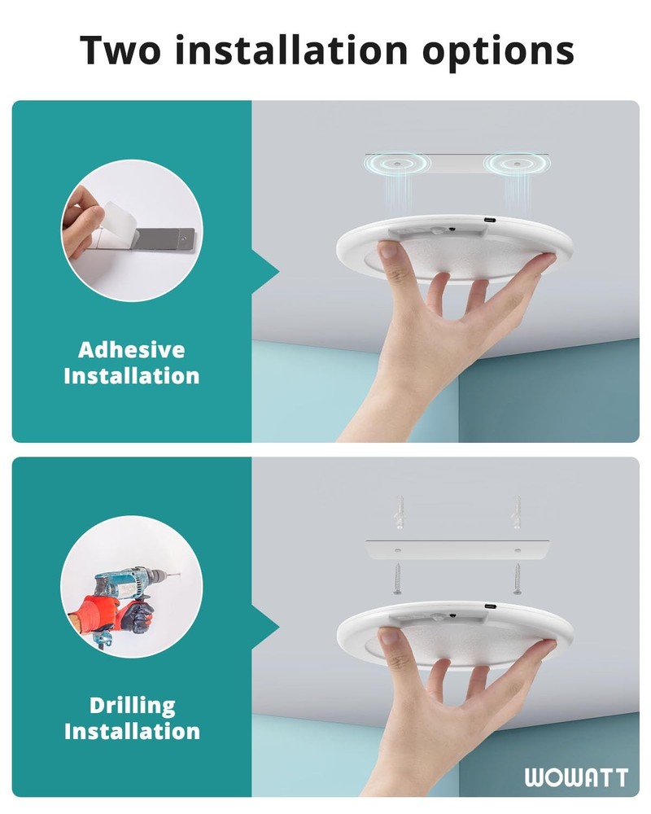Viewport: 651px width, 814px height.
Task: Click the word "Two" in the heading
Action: [x=121, y=50]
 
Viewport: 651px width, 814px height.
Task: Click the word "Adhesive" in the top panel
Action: [x=131, y=350]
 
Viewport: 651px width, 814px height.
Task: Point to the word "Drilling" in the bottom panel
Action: [x=132, y=705]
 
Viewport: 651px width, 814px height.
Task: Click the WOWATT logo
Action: [x=576, y=777]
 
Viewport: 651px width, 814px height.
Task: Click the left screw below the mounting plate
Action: [x=396, y=580]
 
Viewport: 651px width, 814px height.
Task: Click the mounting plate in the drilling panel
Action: [x=456, y=549]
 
